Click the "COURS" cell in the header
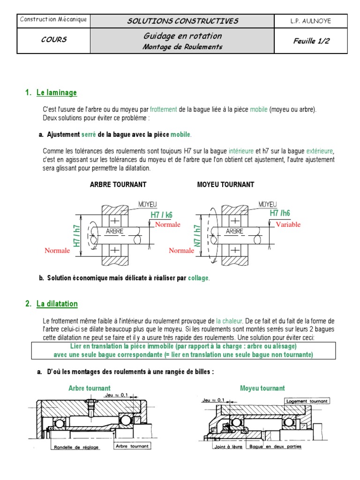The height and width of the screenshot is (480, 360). (x=53, y=40)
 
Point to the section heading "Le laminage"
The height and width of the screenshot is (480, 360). (x=57, y=93)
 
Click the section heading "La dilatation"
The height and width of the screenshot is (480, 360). (x=57, y=304)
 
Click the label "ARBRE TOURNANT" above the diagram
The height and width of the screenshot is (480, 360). (x=118, y=185)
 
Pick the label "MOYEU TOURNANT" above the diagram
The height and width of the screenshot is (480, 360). (x=226, y=185)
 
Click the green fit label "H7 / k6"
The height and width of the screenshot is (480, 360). (x=162, y=215)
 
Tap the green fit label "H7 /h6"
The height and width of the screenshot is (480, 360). (x=280, y=213)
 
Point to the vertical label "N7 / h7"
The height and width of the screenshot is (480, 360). (x=198, y=236)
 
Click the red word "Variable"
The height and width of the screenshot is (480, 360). (x=288, y=225)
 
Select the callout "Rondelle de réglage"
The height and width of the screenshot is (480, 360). (x=76, y=447)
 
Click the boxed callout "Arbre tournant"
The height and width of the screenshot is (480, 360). (x=132, y=446)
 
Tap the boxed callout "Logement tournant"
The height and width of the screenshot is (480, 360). (x=307, y=401)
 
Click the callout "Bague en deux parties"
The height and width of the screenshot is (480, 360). (x=276, y=447)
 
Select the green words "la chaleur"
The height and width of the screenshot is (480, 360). (x=229, y=321)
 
